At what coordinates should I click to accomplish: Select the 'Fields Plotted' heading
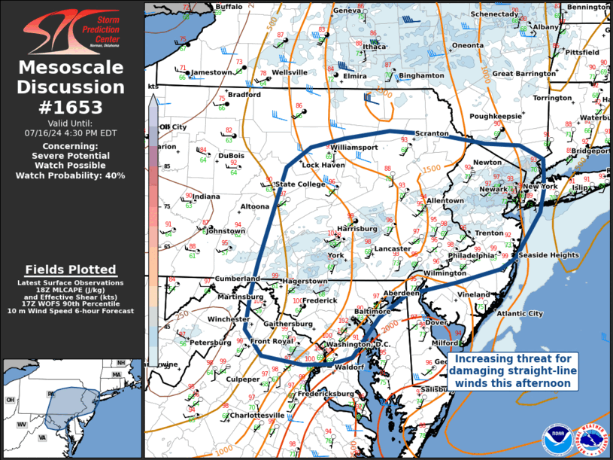click(x=71, y=270)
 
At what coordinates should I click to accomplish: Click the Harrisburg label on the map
click(x=357, y=228)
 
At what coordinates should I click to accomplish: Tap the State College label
click(x=300, y=184)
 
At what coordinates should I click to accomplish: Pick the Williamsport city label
click(x=354, y=147)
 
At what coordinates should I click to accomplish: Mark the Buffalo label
click(x=229, y=7)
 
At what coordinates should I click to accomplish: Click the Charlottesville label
click(x=257, y=415)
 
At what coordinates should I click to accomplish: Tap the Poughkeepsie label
click(x=496, y=116)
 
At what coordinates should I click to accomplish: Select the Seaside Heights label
click(x=548, y=255)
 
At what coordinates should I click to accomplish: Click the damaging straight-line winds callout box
click(x=516, y=371)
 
